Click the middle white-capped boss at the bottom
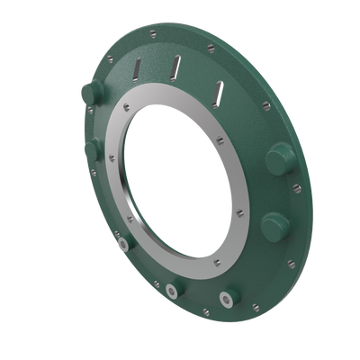(170, 290)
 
